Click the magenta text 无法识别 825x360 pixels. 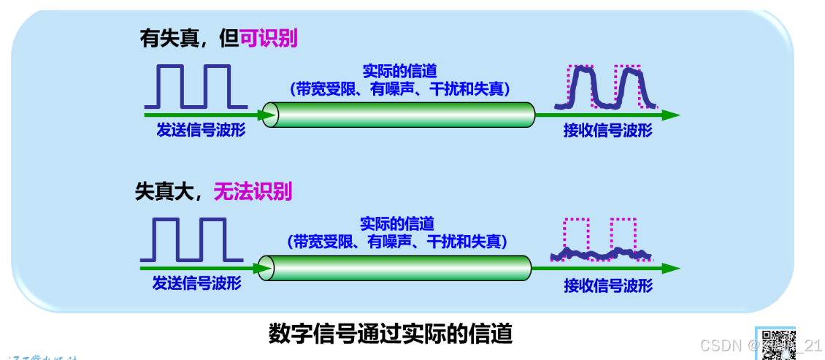tap(252, 191)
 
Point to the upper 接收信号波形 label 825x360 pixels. tap(607, 131)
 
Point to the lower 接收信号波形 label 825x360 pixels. tap(608, 286)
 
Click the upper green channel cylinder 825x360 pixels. tap(399, 115)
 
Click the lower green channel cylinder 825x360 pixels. tap(395, 268)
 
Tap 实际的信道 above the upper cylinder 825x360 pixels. tap(399, 72)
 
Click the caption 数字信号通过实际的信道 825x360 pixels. tap(390, 334)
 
